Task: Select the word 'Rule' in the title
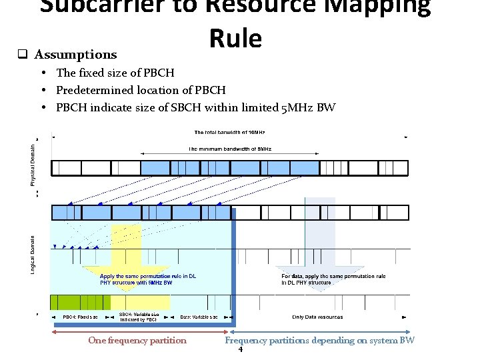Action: pyautogui.click(x=235, y=39)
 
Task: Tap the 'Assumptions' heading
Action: pyautogui.click(x=75, y=55)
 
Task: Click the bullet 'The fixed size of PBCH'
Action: pyautogui.click(x=115, y=73)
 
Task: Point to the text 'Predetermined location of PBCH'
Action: pyautogui.click(x=141, y=90)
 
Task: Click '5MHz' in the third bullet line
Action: pyautogui.click(x=298, y=107)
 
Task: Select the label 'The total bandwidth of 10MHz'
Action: pyautogui.click(x=230, y=132)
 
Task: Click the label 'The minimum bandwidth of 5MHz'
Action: pyautogui.click(x=230, y=149)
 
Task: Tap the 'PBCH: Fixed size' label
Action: pyautogui.click(x=80, y=317)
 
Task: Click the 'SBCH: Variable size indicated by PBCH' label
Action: pyautogui.click(x=139, y=317)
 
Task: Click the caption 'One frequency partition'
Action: pyautogui.click(x=137, y=341)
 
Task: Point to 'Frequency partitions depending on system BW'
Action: pyautogui.click(x=319, y=341)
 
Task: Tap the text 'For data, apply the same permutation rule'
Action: pyautogui.click(x=333, y=276)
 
